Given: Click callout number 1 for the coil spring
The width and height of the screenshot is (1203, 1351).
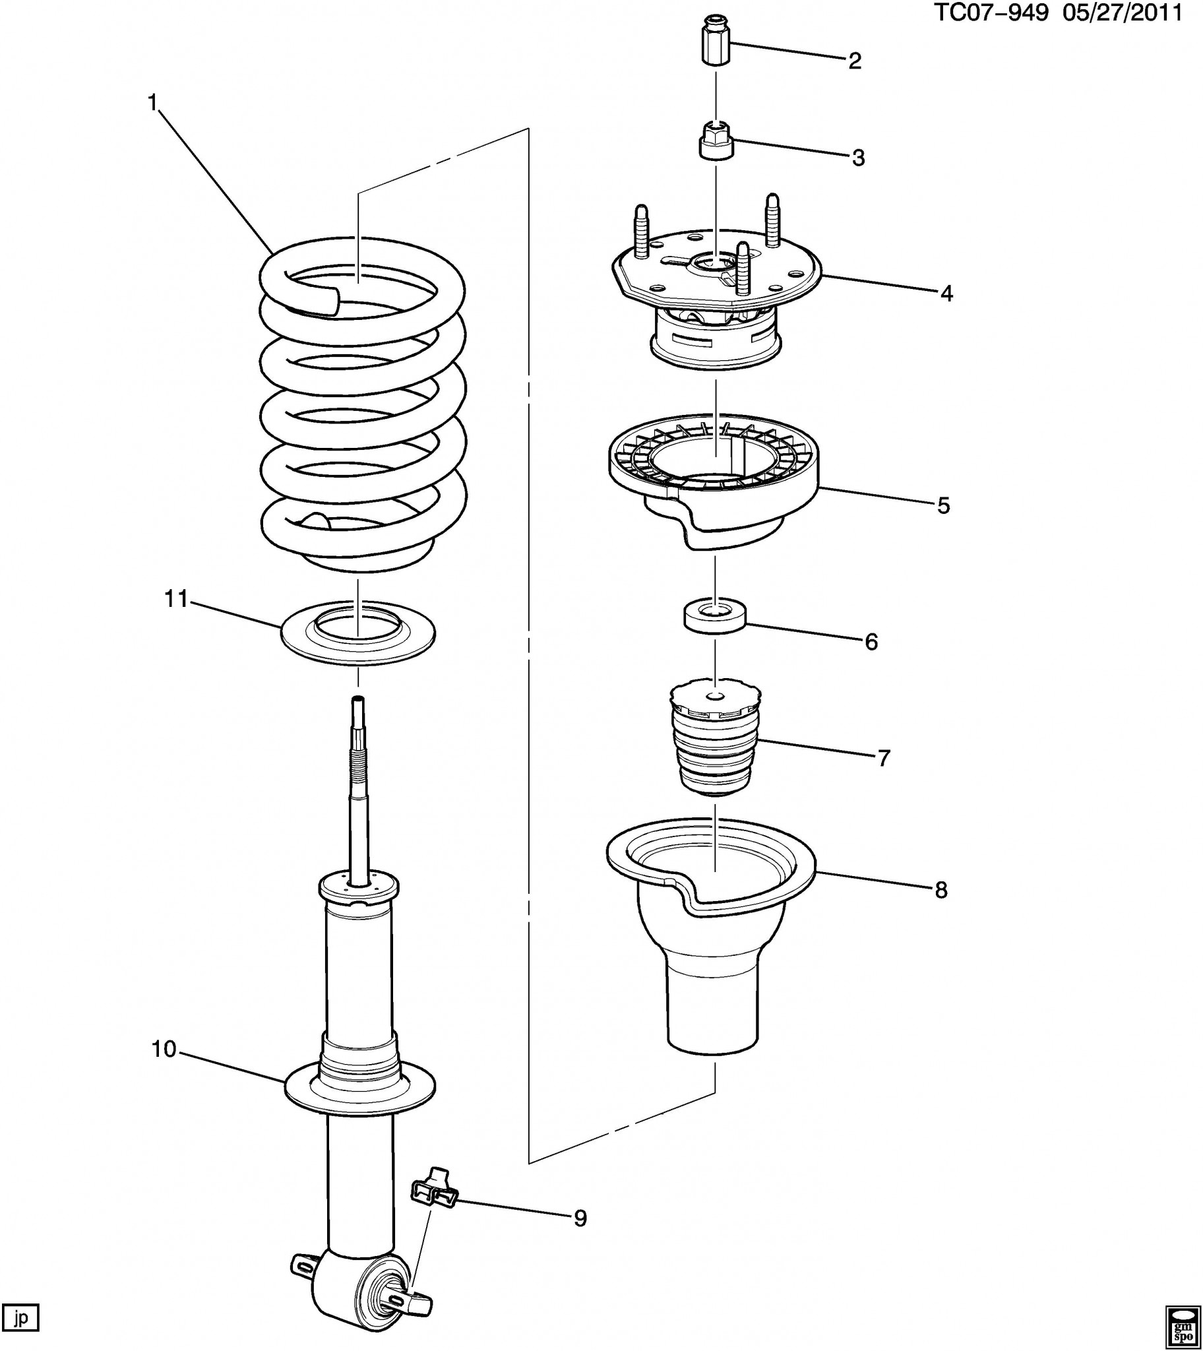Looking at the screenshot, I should [153, 103].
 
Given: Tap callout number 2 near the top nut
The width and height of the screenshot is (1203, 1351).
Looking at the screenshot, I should [855, 61].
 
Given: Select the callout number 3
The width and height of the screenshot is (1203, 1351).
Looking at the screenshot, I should [858, 158].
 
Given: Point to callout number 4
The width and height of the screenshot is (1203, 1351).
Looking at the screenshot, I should [946, 294].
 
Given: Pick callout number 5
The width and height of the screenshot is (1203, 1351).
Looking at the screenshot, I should [943, 505].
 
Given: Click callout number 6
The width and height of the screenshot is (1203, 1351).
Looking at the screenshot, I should [871, 641].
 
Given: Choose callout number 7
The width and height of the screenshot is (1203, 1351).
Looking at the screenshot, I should [884, 757].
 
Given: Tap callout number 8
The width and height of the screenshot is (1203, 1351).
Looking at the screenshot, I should [941, 890].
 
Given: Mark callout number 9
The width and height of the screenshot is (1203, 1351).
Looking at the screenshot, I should [580, 1217].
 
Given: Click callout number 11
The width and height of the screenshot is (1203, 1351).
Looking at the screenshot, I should [177, 600].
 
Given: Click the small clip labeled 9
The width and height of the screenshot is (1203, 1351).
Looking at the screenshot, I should [434, 1194].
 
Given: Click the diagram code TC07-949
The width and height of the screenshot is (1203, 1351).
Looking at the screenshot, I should [991, 13].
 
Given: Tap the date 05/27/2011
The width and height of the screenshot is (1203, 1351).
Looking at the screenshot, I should [1122, 13].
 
